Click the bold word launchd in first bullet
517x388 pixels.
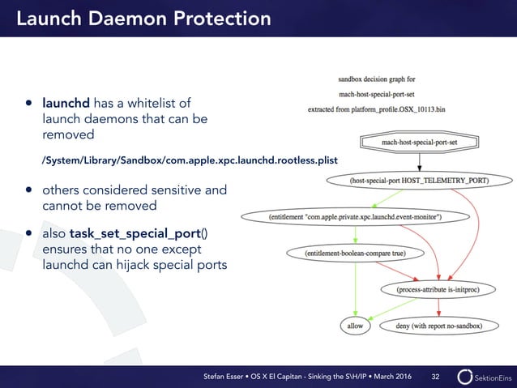[x=66, y=103]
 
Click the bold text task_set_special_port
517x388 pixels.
[x=135, y=234]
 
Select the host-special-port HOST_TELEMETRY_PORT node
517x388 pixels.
[x=419, y=180]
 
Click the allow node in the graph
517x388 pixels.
[x=355, y=326]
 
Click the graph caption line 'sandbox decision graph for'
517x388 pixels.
[x=376, y=79]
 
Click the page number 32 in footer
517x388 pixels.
[x=436, y=376]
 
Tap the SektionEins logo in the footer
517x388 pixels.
[x=483, y=376]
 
